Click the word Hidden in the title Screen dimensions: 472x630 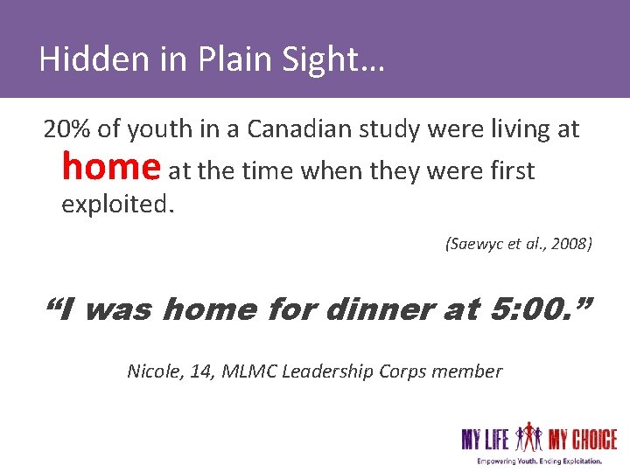click(80, 59)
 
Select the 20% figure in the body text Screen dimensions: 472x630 click(66, 129)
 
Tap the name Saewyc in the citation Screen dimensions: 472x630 click(474, 245)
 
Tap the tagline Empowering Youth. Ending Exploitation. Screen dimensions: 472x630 click(539, 460)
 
